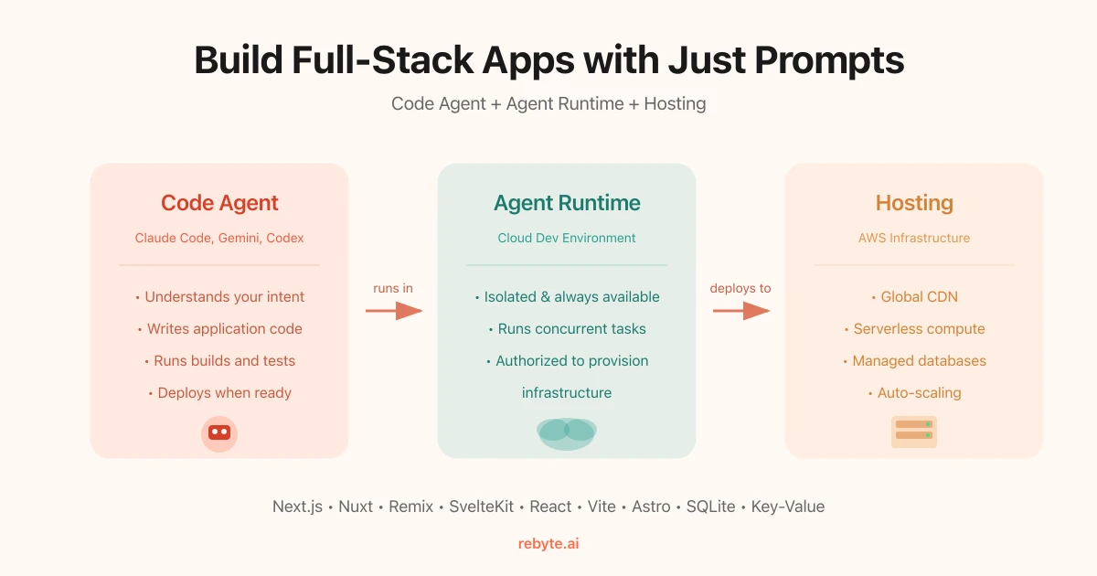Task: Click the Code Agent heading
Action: tap(219, 203)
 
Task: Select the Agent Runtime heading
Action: tap(567, 203)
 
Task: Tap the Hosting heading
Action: tap(914, 203)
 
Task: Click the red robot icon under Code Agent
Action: tap(219, 433)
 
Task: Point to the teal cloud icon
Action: tap(567, 432)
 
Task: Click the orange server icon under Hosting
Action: tap(914, 431)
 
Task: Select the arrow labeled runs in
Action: tap(394, 312)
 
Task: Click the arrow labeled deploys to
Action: tap(741, 312)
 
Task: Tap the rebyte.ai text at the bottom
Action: tap(548, 544)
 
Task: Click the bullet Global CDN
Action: tap(914, 297)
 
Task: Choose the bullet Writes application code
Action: tap(219, 329)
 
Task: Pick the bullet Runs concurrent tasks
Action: tap(567, 329)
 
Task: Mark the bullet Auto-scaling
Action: tap(914, 393)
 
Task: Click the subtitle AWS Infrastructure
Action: tap(914, 238)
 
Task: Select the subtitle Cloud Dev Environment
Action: tap(567, 238)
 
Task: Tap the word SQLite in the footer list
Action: tap(710, 507)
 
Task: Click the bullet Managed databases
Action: tap(914, 361)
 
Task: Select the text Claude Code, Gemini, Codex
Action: tap(219, 238)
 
